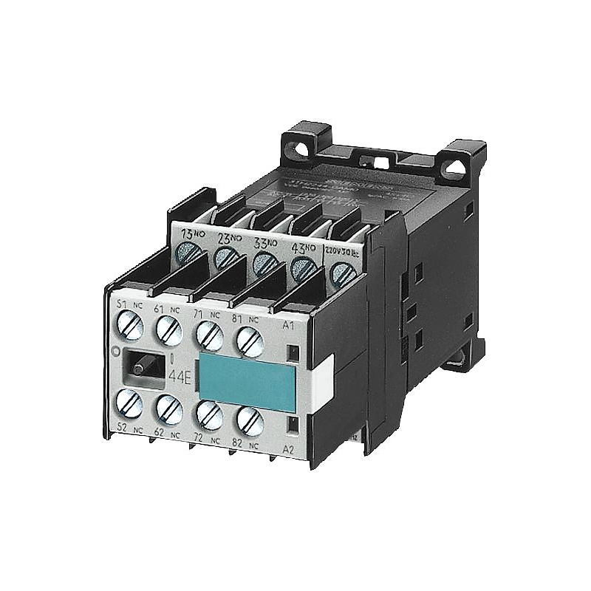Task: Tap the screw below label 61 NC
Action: pyautogui.click(x=168, y=329)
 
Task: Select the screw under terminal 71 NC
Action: pyautogui.click(x=210, y=336)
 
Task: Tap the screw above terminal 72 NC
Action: pyautogui.click(x=210, y=415)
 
